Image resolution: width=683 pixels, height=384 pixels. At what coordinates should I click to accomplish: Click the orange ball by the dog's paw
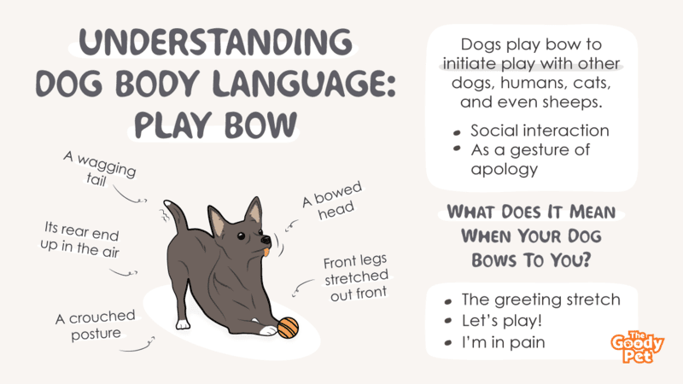tap(288, 328)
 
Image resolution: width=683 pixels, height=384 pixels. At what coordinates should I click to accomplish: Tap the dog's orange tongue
tap(266, 252)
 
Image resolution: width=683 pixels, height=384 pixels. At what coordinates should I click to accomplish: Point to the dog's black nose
tap(266, 240)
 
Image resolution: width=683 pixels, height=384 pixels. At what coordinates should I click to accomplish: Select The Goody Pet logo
tap(637, 347)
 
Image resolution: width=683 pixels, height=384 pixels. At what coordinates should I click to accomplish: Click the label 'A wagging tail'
tap(100, 169)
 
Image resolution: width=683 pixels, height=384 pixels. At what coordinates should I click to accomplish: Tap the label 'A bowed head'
tap(333, 201)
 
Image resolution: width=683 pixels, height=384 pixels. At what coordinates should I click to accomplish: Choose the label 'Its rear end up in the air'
tap(80, 239)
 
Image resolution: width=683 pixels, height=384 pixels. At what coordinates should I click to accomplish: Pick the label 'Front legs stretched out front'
tap(356, 277)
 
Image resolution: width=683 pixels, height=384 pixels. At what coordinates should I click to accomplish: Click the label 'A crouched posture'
tap(96, 325)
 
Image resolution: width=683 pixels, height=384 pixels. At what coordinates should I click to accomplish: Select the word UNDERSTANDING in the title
tap(216, 42)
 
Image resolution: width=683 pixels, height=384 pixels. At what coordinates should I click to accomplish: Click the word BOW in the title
tap(260, 125)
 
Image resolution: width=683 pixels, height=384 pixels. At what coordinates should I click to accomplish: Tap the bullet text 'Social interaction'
tap(540, 131)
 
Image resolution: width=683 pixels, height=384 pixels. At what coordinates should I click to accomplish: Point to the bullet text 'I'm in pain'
tap(503, 342)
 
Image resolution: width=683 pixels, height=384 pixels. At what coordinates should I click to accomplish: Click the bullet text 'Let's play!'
tap(502, 321)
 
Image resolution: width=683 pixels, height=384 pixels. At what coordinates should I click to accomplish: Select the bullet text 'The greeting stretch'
tap(541, 300)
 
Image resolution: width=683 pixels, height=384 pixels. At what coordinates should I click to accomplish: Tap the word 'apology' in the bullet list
tap(505, 169)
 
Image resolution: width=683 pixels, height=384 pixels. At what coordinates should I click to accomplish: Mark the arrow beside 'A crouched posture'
tap(137, 345)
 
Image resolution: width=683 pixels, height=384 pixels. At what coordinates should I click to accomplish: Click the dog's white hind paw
tap(183, 324)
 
